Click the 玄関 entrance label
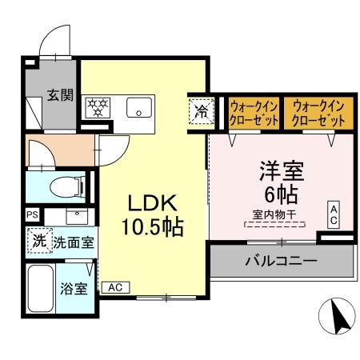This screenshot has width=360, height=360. pyautogui.click(x=60, y=95)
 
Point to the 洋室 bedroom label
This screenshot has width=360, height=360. pyautogui.click(x=279, y=171)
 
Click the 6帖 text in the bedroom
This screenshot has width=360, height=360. pyautogui.click(x=279, y=194)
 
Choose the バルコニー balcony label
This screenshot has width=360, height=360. pyautogui.click(x=281, y=261)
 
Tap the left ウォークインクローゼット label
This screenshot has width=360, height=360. pyautogui.click(x=254, y=113)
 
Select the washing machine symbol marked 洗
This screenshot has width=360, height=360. pyautogui.click(x=38, y=241)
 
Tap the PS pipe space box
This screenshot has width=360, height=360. pyautogui.click(x=32, y=215)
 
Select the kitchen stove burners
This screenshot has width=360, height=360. pyautogui.click(x=99, y=108)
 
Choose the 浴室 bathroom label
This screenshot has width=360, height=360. pyautogui.click(x=74, y=289)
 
